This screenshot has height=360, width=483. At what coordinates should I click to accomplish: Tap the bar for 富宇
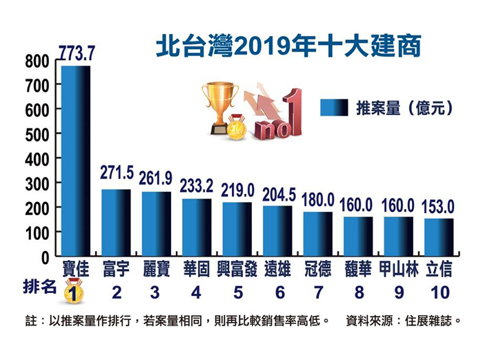tap(116, 222)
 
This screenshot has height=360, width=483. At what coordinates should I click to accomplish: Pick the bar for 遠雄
tap(277, 230)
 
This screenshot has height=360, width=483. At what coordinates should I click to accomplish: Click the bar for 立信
tap(439, 237)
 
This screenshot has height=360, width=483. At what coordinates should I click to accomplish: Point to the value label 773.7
tap(76, 52)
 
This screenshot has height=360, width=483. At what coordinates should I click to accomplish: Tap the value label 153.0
tap(440, 205)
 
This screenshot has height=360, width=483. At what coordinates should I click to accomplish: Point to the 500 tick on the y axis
tap(39, 134)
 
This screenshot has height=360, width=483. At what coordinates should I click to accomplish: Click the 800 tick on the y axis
tap(39, 61)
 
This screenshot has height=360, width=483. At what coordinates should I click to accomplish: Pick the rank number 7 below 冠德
tap(318, 292)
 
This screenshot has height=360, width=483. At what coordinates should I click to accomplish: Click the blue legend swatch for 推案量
tap(335, 108)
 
